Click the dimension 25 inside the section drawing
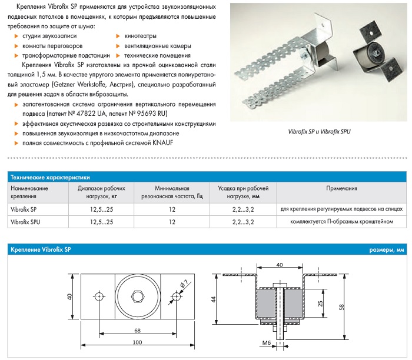319,304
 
